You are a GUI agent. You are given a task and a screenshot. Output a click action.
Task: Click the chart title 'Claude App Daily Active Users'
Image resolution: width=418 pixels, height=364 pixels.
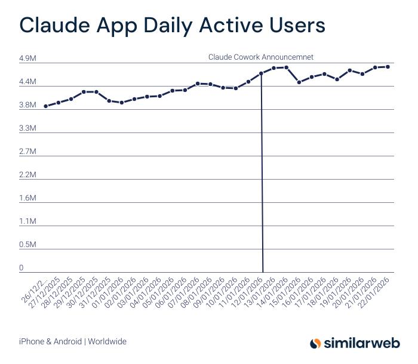(172, 26)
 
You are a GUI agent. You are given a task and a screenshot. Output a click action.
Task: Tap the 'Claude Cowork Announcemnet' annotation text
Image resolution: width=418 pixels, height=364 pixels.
(261, 57)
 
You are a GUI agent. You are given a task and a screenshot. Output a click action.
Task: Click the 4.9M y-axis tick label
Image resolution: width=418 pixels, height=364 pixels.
(27, 58)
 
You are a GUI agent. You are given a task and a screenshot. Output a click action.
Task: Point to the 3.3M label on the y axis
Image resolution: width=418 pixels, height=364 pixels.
(27, 128)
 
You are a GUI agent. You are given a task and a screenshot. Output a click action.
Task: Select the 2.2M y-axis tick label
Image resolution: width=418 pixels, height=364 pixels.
(27, 175)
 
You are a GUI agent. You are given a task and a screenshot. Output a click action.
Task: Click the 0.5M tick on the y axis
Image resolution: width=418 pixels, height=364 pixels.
(27, 245)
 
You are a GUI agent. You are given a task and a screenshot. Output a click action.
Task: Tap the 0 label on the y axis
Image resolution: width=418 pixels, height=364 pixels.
(21, 268)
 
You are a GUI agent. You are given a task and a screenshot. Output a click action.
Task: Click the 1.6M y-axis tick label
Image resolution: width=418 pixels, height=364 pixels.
(27, 198)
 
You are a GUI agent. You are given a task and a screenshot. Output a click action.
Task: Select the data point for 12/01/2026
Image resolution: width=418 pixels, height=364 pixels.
(261, 73)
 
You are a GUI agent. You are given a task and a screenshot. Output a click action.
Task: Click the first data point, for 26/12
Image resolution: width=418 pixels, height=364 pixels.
(46, 106)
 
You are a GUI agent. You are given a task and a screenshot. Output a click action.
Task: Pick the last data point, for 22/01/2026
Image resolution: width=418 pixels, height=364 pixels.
(388, 67)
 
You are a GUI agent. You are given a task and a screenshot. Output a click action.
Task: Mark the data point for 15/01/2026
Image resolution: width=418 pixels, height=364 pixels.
(299, 82)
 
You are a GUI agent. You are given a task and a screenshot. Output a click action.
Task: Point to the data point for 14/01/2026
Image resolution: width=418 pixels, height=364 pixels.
(287, 67)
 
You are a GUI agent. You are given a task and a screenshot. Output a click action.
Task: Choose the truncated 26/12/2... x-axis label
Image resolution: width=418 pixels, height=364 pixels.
(35, 289)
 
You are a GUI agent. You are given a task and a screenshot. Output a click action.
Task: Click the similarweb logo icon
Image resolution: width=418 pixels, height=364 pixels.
(315, 343)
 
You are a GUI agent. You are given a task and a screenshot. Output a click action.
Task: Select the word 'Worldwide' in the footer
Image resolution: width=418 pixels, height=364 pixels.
(107, 342)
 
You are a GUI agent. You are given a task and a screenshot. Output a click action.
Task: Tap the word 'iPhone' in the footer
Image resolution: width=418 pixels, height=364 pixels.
(31, 342)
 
